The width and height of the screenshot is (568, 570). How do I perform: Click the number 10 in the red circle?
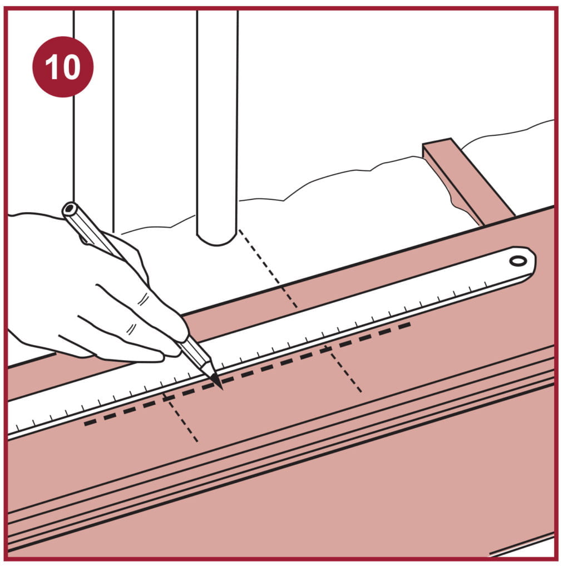(62, 67)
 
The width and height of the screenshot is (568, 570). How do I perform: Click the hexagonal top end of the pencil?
(69, 209)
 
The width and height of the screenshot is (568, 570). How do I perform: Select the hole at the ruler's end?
(518, 261)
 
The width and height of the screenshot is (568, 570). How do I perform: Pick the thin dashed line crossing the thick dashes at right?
(343, 369)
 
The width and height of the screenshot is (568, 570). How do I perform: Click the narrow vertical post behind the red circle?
(94, 145)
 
